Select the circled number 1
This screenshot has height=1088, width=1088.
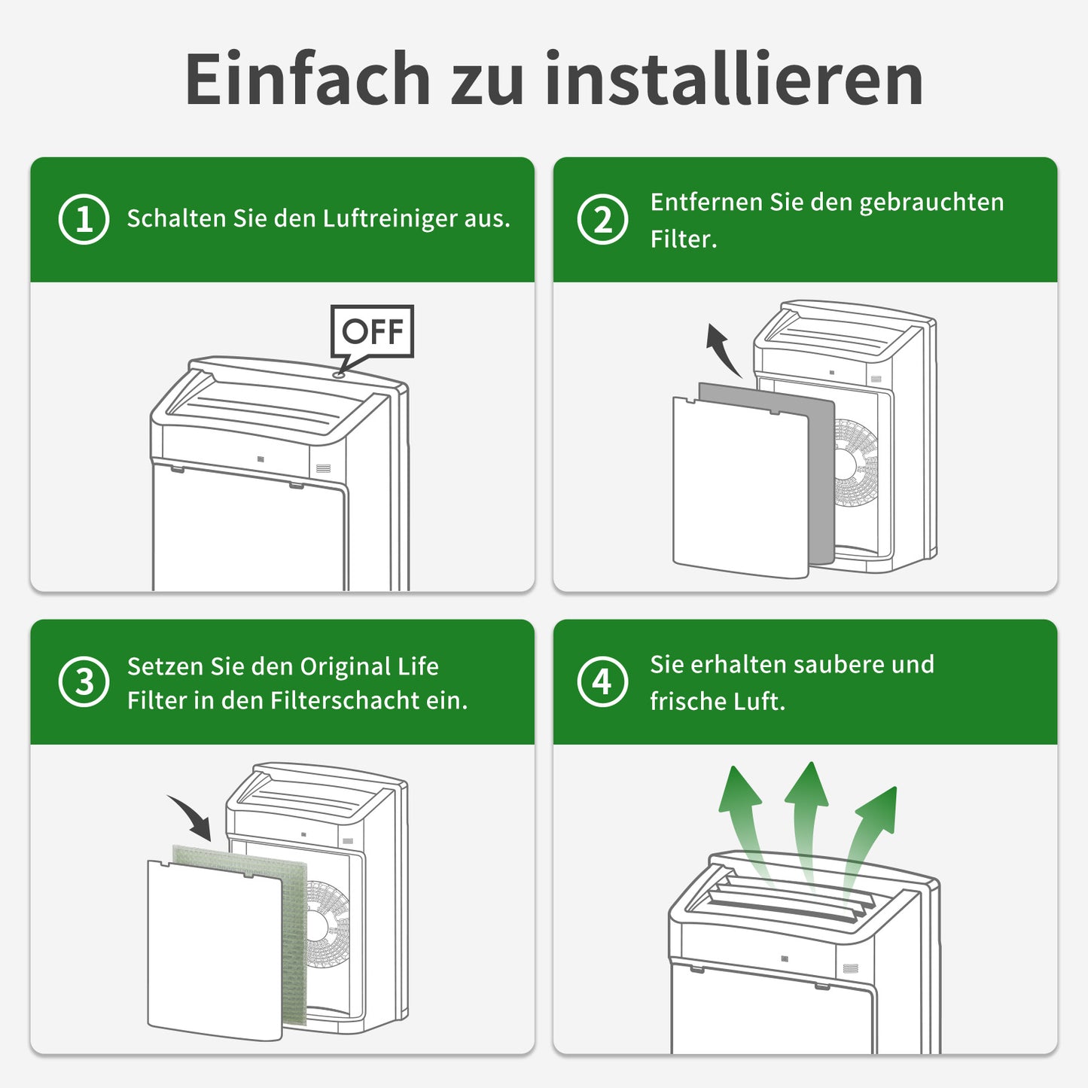[x=84, y=219]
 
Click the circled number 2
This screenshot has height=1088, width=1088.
[x=602, y=219]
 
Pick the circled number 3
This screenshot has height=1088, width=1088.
[x=84, y=681]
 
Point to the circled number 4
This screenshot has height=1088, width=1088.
[x=602, y=681]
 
